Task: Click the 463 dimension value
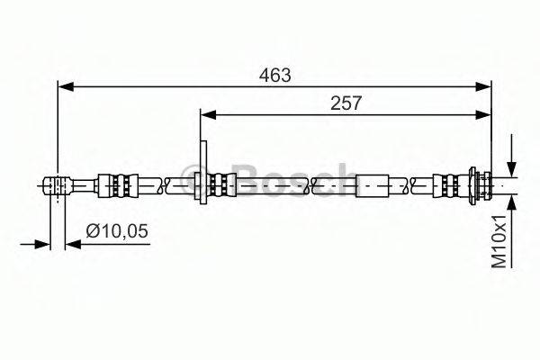274,75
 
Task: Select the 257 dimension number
346,103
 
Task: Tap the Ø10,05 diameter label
117,230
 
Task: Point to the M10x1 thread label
499,241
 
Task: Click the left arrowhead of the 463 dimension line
66,87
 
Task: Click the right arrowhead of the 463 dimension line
483,87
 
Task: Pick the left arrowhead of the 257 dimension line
208,115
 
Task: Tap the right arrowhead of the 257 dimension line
483,115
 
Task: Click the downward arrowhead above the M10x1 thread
512,169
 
